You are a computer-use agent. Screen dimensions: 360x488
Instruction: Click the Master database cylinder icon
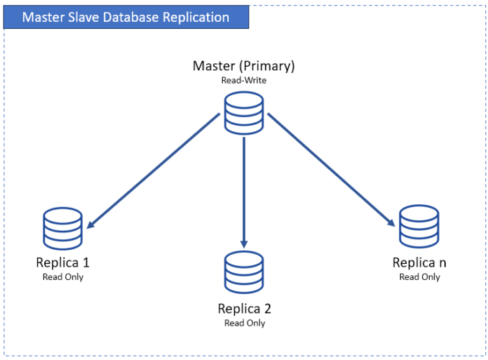click(243, 114)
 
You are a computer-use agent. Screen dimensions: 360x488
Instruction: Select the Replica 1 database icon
click(62, 229)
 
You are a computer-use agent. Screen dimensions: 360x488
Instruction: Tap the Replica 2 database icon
click(243, 272)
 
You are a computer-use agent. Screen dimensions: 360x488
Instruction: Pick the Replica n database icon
click(419, 226)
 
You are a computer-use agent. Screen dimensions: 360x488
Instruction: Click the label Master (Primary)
click(243, 66)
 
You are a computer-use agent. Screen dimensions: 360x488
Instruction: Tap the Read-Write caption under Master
click(243, 80)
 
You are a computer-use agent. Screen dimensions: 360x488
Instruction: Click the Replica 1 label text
click(62, 263)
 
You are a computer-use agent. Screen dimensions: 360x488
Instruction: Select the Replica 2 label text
click(244, 309)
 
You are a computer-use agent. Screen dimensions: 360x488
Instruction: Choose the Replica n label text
click(419, 263)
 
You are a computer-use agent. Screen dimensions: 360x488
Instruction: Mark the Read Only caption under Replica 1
click(62, 277)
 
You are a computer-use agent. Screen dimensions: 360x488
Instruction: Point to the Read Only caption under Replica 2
click(244, 323)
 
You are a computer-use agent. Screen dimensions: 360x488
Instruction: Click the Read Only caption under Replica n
click(419, 277)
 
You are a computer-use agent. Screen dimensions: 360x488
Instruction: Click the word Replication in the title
click(194, 17)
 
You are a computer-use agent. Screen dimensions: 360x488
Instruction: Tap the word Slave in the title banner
click(81, 17)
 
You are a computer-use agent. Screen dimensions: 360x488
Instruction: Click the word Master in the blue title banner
click(41, 17)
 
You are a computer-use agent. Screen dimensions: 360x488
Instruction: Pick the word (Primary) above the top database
click(267, 66)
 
